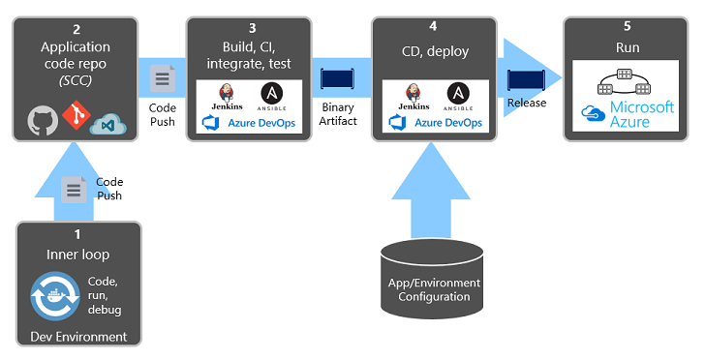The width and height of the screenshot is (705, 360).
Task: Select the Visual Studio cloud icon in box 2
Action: point(109,121)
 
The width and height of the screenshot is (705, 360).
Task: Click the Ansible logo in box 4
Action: point(458,95)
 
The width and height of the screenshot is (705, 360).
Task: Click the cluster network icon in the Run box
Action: point(623,79)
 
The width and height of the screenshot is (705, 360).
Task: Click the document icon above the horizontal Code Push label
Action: point(163,76)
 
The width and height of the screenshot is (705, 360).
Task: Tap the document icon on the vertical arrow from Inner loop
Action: point(74,190)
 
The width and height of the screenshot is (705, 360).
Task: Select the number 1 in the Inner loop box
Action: point(78,234)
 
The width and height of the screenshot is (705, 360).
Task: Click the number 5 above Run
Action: point(627,26)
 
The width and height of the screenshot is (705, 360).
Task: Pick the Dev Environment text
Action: point(78,336)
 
